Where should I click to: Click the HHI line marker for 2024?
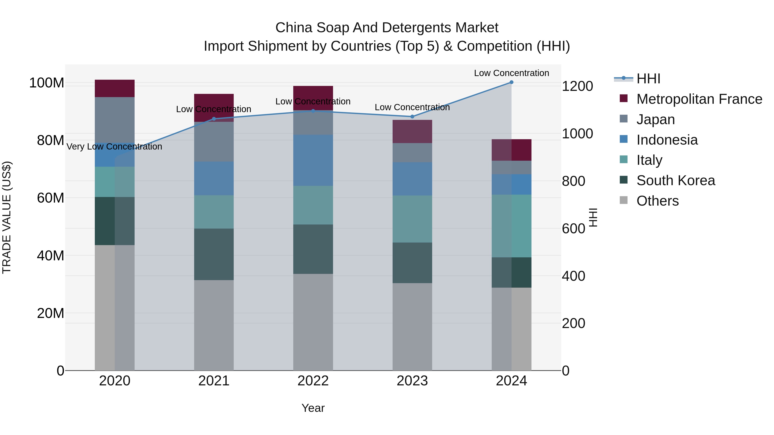[x=511, y=82]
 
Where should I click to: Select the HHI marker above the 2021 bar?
[x=214, y=119]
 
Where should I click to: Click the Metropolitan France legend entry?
[x=699, y=99]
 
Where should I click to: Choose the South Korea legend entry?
[x=676, y=180]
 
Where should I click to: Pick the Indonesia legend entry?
[x=667, y=140]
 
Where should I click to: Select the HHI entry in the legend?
[x=648, y=79]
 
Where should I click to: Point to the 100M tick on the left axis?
[x=47, y=83]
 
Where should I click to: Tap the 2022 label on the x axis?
[x=313, y=381]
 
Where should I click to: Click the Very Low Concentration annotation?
[x=114, y=147]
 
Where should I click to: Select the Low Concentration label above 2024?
[x=511, y=73]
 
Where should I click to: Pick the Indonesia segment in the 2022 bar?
[x=313, y=160]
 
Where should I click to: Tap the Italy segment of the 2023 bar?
[x=412, y=219]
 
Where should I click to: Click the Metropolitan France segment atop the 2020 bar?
[x=114, y=88]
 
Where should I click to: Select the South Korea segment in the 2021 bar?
[x=214, y=254]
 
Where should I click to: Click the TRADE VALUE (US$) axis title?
[x=7, y=217]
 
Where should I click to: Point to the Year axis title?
[x=313, y=408]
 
